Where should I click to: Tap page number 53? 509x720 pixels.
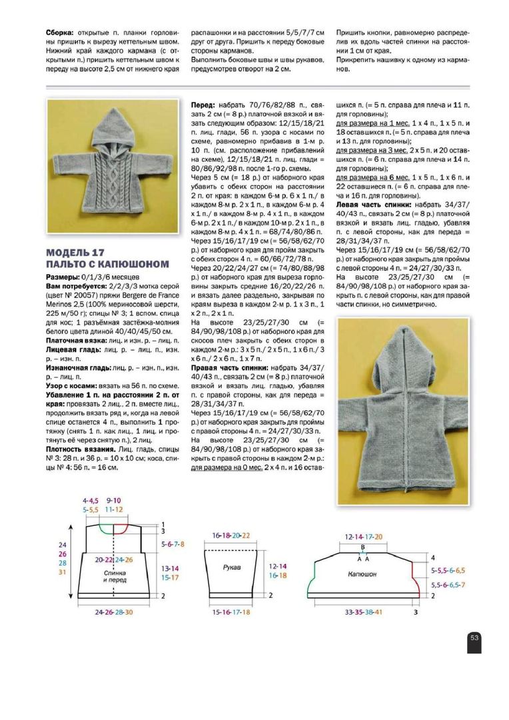pos(475,637)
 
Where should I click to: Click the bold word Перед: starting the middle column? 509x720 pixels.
pos(203,105)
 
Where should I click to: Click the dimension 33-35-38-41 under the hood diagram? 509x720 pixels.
pos(363,611)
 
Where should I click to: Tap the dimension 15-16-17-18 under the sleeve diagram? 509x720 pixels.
pos(231,611)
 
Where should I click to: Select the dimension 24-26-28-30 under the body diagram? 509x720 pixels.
pos(114,611)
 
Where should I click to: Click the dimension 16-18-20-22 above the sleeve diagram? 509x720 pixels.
pos(231,535)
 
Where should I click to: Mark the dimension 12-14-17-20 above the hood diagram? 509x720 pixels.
pos(364,536)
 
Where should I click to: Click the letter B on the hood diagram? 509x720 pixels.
pos(362,546)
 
